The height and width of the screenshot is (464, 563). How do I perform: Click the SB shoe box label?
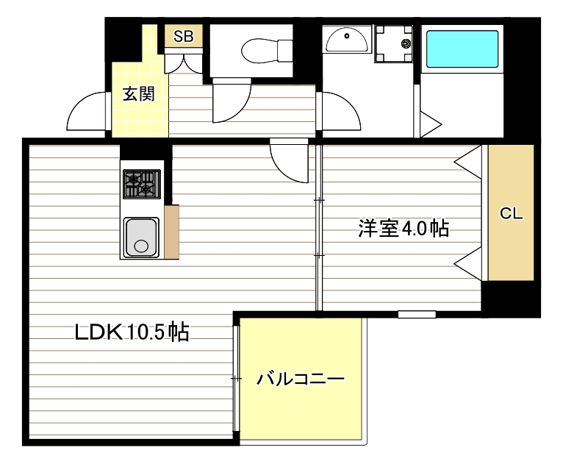click(183, 36)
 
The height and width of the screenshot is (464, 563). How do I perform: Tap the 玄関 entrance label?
click(138, 94)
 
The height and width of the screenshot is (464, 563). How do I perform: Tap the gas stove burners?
click(141, 184)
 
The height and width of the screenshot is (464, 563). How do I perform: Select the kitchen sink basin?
click(141, 237)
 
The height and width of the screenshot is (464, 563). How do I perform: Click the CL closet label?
click(511, 214)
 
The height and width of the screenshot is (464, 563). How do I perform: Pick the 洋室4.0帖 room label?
click(404, 228)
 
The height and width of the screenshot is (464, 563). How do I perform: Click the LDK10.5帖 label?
click(132, 332)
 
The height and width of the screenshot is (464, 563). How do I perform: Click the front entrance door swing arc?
click(88, 114)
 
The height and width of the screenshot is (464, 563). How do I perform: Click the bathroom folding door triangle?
click(428, 124)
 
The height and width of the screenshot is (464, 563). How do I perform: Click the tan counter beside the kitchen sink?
click(172, 232)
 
